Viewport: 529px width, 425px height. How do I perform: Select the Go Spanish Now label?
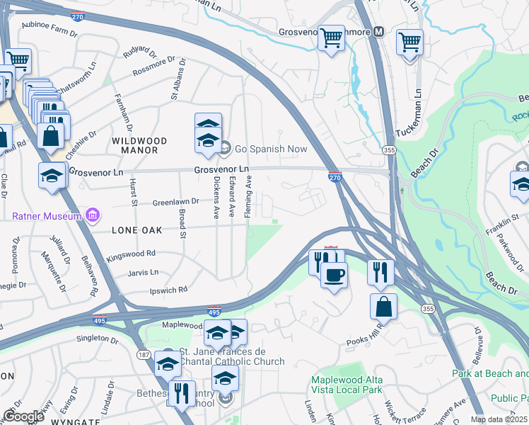pyautogui.click(x=271, y=149)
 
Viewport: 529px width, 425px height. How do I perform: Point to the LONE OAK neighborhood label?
pyautogui.click(x=136, y=230)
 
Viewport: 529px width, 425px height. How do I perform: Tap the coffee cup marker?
pyautogui.click(x=334, y=275)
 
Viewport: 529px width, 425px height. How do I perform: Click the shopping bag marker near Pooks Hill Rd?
pyautogui.click(x=383, y=307)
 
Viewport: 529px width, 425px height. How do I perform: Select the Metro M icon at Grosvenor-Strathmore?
pyautogui.click(x=378, y=31)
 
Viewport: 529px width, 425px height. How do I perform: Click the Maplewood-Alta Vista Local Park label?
pyautogui.click(x=347, y=385)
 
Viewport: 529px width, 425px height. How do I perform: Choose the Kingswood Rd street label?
pyautogui.click(x=131, y=253)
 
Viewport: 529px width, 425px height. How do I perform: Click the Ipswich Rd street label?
pyautogui.click(x=168, y=290)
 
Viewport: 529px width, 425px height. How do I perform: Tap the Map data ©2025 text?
pyautogui.click(x=498, y=419)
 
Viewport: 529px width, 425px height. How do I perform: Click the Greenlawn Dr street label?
pyautogui.click(x=175, y=203)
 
